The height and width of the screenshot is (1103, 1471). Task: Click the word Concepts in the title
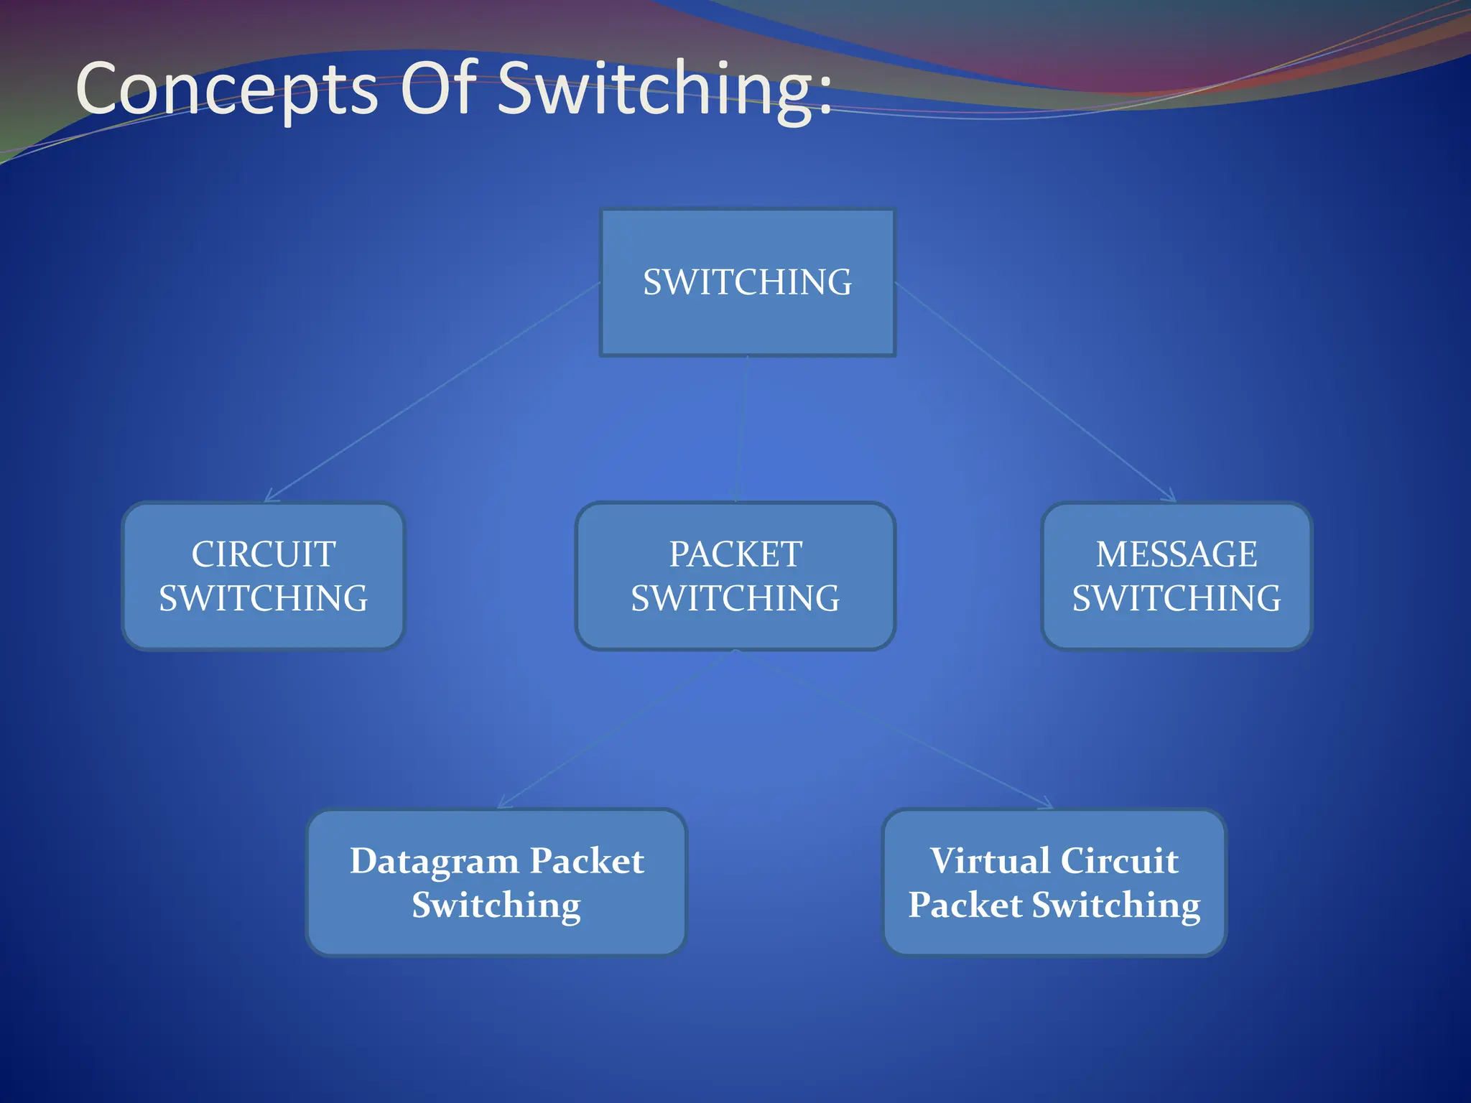click(x=226, y=89)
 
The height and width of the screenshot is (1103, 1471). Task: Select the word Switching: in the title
click(x=664, y=89)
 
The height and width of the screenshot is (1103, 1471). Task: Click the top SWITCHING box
click(x=747, y=282)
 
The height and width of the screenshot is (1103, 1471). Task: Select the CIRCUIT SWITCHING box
click(x=264, y=576)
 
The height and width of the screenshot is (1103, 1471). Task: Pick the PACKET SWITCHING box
click(x=735, y=576)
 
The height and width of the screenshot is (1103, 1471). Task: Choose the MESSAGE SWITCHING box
click(x=1177, y=576)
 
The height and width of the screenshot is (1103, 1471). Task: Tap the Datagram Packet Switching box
click(x=496, y=883)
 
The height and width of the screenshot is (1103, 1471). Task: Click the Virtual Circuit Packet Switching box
click(x=1054, y=883)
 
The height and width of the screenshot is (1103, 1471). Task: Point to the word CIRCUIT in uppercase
click(x=264, y=554)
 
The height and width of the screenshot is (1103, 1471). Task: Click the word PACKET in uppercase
click(x=735, y=554)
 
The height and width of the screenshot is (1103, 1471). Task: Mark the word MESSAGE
click(x=1177, y=554)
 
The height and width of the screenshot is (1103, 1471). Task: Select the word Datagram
click(x=434, y=862)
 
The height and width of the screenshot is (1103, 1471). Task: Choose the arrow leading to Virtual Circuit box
click(x=894, y=730)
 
